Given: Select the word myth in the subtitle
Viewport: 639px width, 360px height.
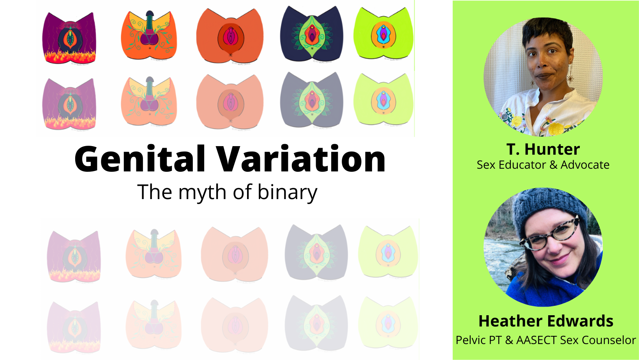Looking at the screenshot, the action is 203,192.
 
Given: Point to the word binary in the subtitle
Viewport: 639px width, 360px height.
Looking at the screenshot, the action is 287,192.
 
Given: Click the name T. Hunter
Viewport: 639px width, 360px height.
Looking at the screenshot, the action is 543,149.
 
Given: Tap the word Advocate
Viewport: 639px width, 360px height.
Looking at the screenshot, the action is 585,165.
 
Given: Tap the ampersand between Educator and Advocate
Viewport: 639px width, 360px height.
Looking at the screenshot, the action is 553,165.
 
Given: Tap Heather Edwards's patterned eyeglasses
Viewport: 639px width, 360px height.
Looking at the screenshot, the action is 549,235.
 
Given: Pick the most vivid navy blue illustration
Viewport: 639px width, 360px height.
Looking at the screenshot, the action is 312,34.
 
